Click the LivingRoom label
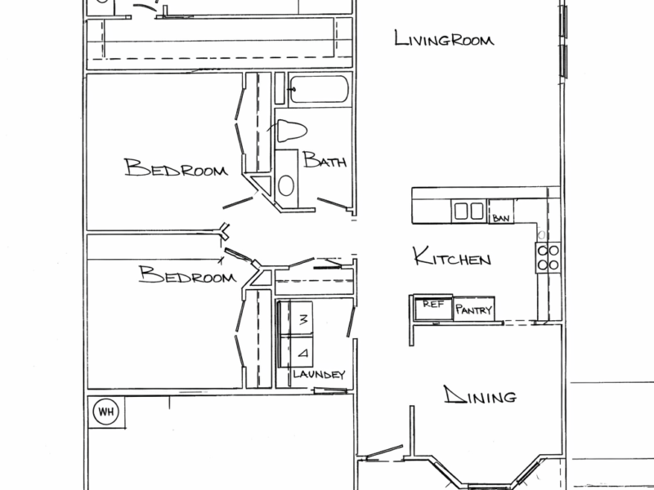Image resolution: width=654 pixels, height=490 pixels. coord(446,38)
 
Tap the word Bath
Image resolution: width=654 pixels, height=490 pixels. coord(325,161)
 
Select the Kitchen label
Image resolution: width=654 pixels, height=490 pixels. coord(452,259)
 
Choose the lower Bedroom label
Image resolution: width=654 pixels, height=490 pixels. coord(187,275)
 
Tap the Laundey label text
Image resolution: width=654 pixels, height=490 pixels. coord(320,375)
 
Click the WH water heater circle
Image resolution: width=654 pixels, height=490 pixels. coord(105,412)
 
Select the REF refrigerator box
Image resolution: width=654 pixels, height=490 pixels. coord(430,309)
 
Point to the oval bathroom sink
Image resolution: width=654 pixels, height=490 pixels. coord(286,185)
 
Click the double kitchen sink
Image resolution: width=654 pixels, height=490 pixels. coord(468,212)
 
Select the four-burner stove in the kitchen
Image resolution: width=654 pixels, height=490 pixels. coord(548,257)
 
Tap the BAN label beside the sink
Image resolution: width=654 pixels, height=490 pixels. coord(501,218)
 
